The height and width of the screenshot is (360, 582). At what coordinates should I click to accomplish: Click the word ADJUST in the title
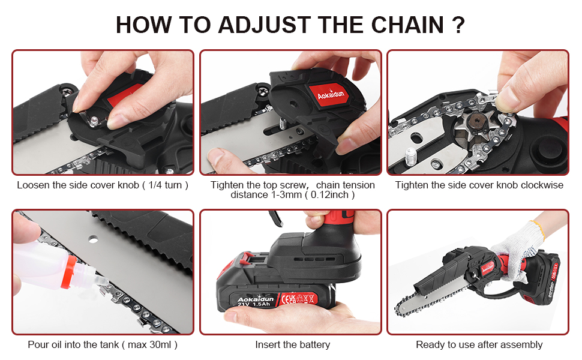[x=264, y=25]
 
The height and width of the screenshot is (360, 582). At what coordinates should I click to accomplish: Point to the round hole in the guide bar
[x=93, y=239]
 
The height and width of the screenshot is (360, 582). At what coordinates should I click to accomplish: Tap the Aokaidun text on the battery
[x=256, y=299]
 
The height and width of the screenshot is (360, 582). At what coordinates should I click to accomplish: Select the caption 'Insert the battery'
[x=292, y=345]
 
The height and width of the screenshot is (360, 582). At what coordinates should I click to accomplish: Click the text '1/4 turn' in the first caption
[x=165, y=185]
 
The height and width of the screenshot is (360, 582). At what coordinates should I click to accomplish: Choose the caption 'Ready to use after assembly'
[x=479, y=345]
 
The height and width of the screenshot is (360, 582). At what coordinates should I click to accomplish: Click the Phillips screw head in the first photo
[x=68, y=90]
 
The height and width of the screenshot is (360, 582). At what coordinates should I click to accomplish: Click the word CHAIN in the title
[x=407, y=25]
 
